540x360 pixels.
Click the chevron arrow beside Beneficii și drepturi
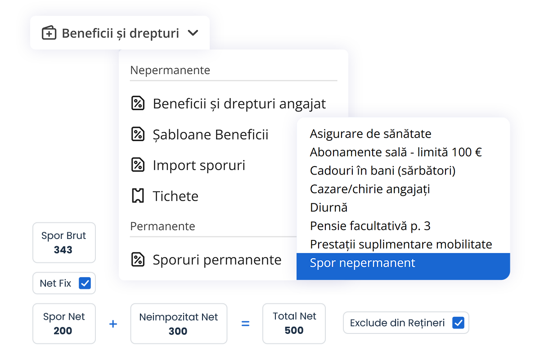[193, 33]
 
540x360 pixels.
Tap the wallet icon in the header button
[49, 32]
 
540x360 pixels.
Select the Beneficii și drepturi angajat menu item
[239, 103]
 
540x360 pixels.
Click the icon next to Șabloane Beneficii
[138, 134]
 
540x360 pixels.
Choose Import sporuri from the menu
[199, 165]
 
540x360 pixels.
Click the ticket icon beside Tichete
[138, 196]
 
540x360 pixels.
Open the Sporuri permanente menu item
[217, 260]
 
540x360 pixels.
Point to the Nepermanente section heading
[170, 70]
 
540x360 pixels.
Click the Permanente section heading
[162, 226]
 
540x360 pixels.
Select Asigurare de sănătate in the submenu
[370, 134]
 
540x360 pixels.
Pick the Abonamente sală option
[396, 152]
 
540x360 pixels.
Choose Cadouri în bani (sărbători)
[383, 171]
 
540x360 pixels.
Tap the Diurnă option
[328, 207]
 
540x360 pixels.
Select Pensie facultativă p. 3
[370, 226]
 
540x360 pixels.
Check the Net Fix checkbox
[85, 283]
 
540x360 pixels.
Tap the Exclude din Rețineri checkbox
[458, 323]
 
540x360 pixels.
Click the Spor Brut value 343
[63, 250]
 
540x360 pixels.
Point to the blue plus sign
[113, 324]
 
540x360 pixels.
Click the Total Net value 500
[294, 330]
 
